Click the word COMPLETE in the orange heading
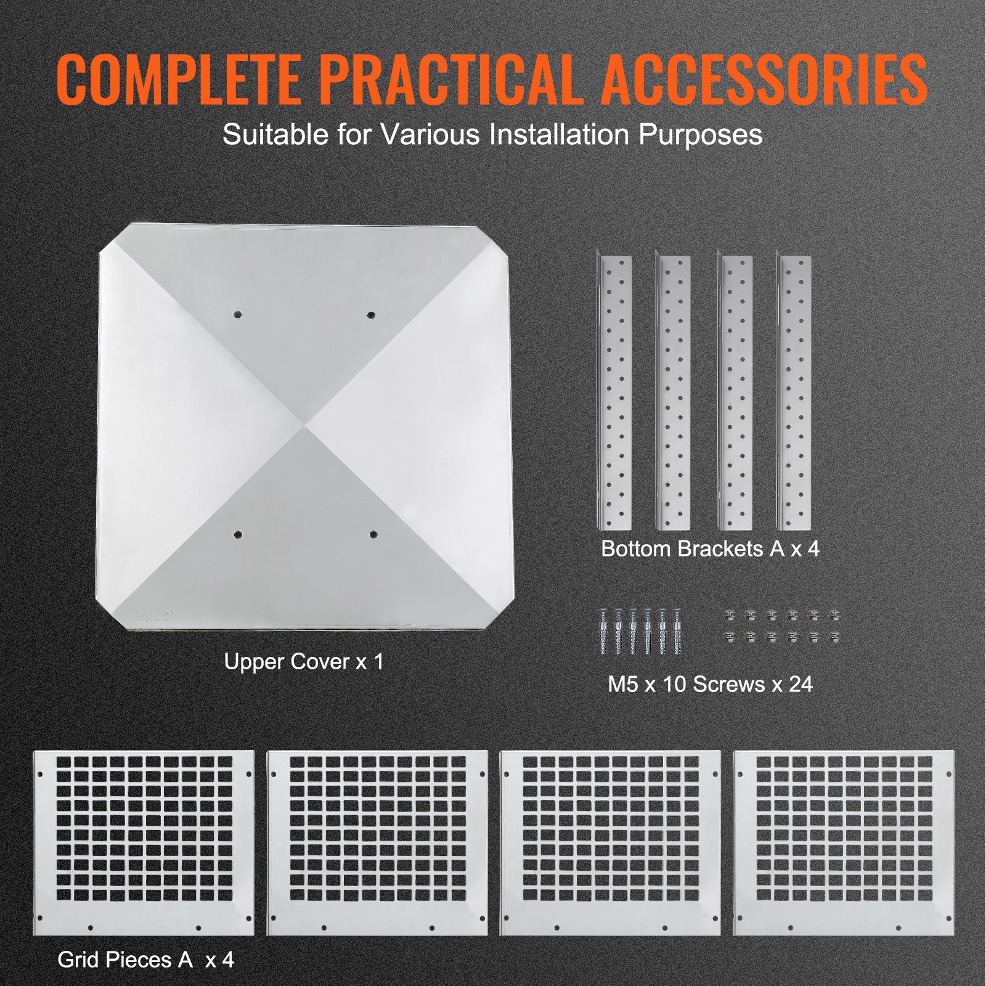point(179,80)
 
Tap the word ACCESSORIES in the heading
point(764,80)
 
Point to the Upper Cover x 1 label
point(304,662)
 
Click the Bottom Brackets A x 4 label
point(710,548)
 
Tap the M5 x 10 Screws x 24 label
point(710,684)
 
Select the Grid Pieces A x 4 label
point(145,960)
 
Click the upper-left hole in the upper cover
point(238,315)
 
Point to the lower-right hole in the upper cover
point(373,534)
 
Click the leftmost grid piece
point(144,842)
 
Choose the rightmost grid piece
point(844,842)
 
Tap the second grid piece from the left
point(377,842)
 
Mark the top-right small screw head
point(834,615)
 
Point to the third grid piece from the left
point(610,842)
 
